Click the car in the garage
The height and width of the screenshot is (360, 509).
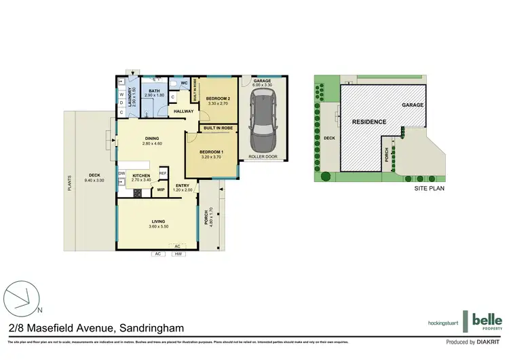[x=262, y=122]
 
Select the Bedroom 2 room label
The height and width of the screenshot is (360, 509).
[x=218, y=100]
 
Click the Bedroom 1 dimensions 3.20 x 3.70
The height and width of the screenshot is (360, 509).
[x=212, y=156]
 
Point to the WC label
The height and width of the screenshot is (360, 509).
[x=184, y=84]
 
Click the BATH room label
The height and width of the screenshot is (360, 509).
[x=155, y=90]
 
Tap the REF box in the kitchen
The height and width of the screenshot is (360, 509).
[x=163, y=174]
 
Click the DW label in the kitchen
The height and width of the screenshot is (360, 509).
[x=122, y=173]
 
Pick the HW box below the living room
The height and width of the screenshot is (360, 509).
[x=178, y=254]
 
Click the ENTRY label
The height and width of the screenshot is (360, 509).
[x=183, y=185]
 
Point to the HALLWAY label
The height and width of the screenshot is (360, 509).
[x=183, y=111]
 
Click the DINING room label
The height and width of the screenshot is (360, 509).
[x=151, y=139]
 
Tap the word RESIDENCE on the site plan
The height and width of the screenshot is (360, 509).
[x=369, y=122]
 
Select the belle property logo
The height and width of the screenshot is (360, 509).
[x=487, y=320]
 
